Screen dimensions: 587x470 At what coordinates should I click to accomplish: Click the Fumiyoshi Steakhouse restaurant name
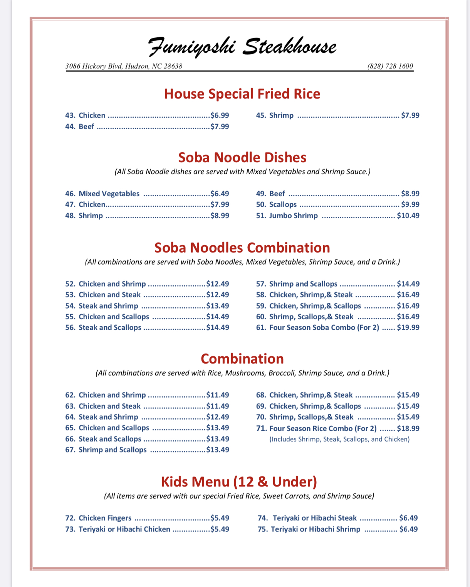[242, 47]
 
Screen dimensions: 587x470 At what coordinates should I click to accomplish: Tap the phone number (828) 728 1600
[390, 66]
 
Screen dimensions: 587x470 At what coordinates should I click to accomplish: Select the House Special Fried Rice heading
[242, 94]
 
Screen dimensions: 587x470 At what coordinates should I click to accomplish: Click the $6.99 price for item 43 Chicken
[220, 115]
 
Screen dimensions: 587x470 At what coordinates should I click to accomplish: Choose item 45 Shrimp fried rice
[281, 115]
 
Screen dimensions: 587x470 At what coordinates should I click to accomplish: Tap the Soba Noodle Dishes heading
[242, 157]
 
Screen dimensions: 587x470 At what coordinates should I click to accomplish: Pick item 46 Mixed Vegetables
[109, 194]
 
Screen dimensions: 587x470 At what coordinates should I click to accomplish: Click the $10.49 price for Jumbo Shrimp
[408, 216]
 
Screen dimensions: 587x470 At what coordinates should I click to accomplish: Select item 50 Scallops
[283, 204]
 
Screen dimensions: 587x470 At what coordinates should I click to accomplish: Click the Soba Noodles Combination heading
[242, 248]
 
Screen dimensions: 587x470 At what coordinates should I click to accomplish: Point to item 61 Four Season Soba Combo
[324, 327]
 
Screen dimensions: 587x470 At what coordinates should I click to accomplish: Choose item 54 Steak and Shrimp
[108, 306]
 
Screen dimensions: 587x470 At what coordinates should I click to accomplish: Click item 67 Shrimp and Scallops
[112, 450]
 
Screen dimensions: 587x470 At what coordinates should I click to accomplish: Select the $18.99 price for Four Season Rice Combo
[408, 428]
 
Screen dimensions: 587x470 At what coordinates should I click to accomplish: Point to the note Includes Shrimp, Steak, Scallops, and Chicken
[339, 439]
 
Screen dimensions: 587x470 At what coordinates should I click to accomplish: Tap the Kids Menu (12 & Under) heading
[239, 482]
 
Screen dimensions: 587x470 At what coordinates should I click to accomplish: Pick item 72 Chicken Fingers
[105, 518]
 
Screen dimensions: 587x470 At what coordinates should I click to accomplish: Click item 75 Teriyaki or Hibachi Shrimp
[315, 529]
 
